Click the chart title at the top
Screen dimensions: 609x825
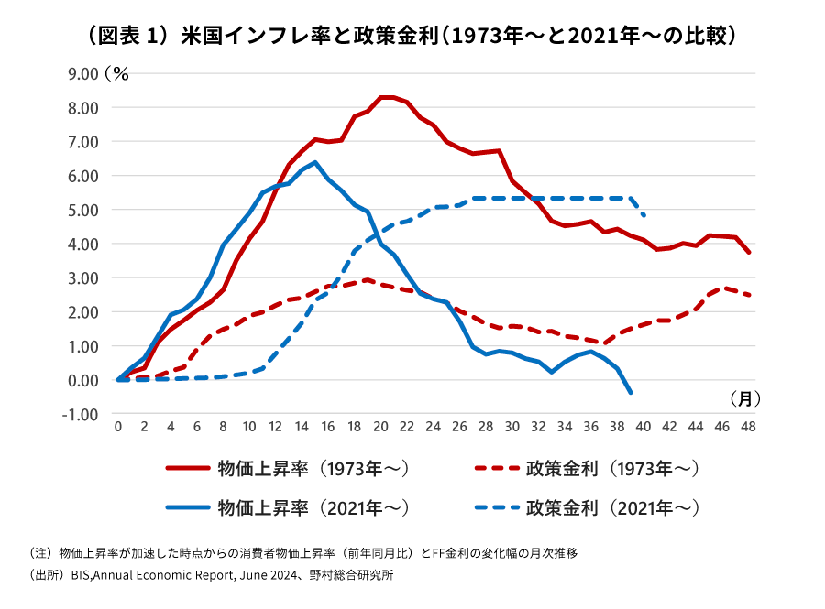(412, 37)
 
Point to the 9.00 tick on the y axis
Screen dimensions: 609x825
(82, 73)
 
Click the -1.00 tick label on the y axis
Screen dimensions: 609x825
(81, 414)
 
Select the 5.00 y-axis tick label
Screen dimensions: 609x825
(82, 210)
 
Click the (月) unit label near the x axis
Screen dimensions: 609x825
(745, 398)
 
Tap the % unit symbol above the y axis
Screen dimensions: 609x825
(120, 73)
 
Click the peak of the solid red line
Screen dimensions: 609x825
(387, 97)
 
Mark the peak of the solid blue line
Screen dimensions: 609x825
(315, 162)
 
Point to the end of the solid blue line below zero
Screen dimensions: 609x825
(631, 392)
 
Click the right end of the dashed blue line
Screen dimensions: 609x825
(644, 215)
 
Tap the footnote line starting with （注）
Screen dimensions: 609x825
(302, 553)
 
